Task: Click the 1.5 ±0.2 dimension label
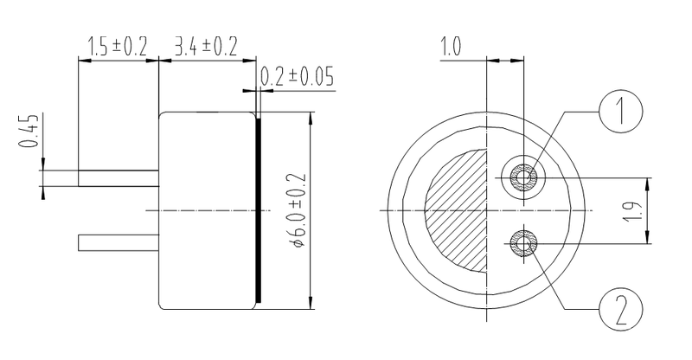pos(118,47)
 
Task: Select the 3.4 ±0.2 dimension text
pos(206,47)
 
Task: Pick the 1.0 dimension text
pos(451,47)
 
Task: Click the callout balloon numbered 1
pos(618,112)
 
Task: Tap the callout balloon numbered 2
pos(618,306)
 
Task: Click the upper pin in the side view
pos(119,178)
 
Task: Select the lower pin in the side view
pos(119,242)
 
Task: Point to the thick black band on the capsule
pos(258,210)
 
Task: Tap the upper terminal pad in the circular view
pos(524,178)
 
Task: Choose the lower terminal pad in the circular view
pos(524,242)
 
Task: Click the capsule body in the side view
pos(208,210)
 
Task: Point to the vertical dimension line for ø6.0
pos(310,210)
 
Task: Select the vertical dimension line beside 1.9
pos(649,209)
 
